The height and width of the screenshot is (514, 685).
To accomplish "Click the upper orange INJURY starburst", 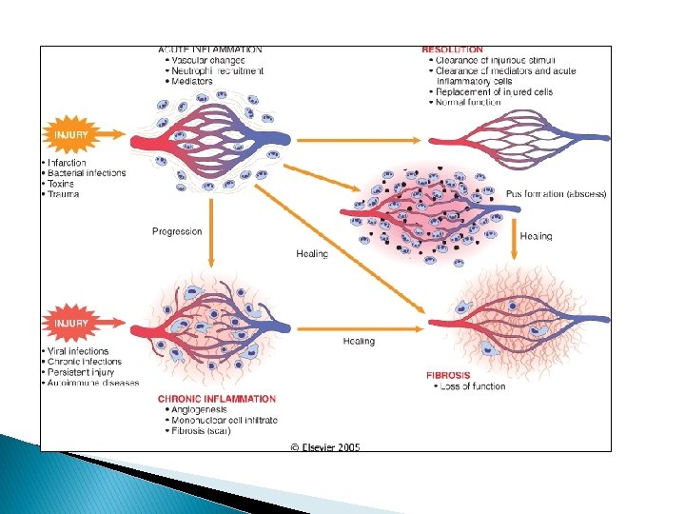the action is [x=71, y=135].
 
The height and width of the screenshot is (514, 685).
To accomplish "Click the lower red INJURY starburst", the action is [x=71, y=324].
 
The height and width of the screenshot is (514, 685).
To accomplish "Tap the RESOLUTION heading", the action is [x=452, y=49].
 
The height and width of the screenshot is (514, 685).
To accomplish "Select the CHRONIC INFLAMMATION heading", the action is [x=217, y=399].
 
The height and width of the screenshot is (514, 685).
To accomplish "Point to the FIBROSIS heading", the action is [x=448, y=375].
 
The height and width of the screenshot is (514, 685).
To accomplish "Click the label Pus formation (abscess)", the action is [x=556, y=194].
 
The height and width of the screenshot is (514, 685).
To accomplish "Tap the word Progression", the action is [x=177, y=231].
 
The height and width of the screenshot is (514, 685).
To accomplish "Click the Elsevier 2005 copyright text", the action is [x=325, y=447].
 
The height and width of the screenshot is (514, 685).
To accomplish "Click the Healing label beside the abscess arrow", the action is [x=536, y=236].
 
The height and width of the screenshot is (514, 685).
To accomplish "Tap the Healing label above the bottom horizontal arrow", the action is [x=359, y=341].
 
